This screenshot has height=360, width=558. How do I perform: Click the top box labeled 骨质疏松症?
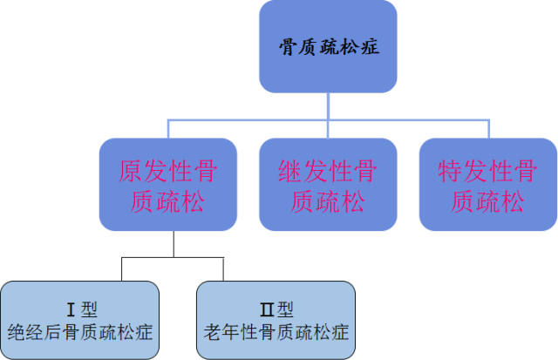pos(328,45)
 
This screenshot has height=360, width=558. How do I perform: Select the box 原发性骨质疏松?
pos(168,184)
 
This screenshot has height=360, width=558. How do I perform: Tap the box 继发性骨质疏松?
pos(328,184)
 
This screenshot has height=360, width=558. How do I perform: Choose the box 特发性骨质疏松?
pos(488,184)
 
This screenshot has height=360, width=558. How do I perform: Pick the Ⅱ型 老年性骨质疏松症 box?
pos(276,320)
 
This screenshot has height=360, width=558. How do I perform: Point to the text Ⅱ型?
pos(276,309)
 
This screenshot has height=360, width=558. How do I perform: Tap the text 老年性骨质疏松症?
pos(276,332)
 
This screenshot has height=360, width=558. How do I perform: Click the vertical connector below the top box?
pos(328,105)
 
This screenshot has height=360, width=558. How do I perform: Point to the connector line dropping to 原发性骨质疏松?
pos(167,129)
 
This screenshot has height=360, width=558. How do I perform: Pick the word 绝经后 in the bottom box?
pos(37,332)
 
